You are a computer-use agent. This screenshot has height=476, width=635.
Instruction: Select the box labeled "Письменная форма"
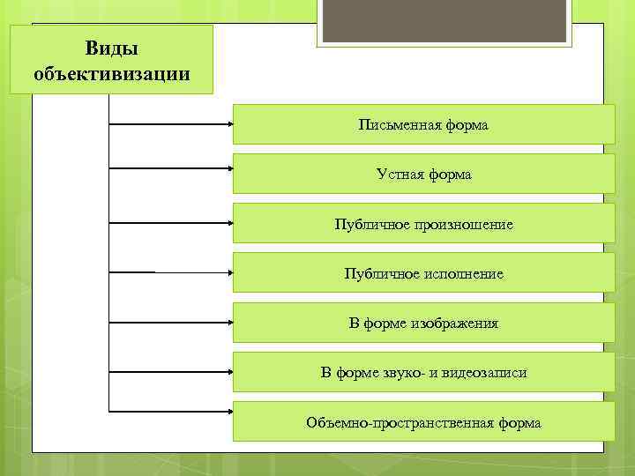pyautogui.click(x=423, y=125)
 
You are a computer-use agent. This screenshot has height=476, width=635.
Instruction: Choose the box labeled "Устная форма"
pyautogui.click(x=423, y=175)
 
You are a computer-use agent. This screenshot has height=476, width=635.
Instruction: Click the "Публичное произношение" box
pyautogui.click(x=423, y=225)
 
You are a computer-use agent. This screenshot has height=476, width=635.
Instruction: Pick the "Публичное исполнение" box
pyautogui.click(x=423, y=274)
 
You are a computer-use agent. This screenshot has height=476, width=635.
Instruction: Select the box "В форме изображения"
pyautogui.click(x=423, y=324)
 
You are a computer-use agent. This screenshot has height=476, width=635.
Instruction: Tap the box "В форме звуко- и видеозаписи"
pyautogui.click(x=423, y=373)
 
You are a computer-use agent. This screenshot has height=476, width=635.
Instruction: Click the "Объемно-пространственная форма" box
pyautogui.click(x=423, y=423)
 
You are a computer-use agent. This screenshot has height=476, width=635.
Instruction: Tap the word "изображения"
pyautogui.click(x=454, y=324)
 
